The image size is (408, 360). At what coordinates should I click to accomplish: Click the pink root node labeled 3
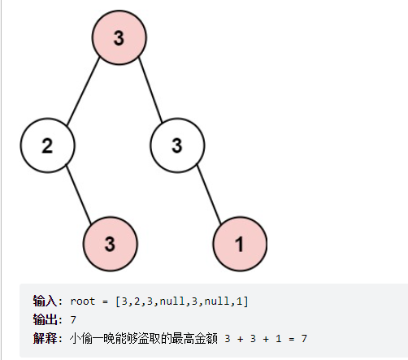pyautogui.click(x=119, y=37)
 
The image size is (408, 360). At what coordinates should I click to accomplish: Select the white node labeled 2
pyautogui.click(x=47, y=145)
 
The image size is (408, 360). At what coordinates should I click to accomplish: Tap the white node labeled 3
pyautogui.click(x=177, y=145)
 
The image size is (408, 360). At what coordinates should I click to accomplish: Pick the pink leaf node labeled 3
pyautogui.click(x=111, y=244)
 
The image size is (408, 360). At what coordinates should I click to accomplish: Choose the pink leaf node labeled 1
pyautogui.click(x=240, y=244)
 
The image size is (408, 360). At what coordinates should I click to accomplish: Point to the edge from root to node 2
pyautogui.click(x=83, y=91)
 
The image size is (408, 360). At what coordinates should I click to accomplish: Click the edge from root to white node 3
pyautogui.click(x=150, y=90)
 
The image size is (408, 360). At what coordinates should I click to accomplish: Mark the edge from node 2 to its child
pyautogui.click(x=79, y=194)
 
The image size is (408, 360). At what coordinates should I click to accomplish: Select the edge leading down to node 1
pyautogui.click(x=209, y=194)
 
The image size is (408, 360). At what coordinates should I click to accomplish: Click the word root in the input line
pyautogui.click(x=83, y=301)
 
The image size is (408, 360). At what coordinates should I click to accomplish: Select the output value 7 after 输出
pyautogui.click(x=73, y=320)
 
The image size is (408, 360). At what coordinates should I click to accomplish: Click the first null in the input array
pyautogui.click(x=172, y=301)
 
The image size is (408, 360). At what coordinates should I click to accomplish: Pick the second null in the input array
pyautogui.click(x=217, y=301)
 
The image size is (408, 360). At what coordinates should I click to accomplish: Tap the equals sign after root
pyautogui.click(x=105, y=301)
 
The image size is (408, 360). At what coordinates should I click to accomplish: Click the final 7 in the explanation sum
pyautogui.click(x=304, y=339)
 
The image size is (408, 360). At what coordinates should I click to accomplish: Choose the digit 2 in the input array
pyautogui.click(x=137, y=301)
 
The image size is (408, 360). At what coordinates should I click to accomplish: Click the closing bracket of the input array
pyautogui.click(x=245, y=301)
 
